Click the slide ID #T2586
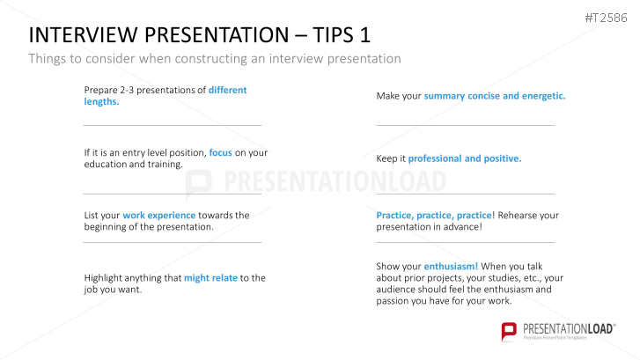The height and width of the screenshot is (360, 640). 606,18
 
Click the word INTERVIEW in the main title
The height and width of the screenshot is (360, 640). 83,34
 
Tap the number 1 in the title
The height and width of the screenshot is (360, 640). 364,34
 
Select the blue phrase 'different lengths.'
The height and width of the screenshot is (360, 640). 166,96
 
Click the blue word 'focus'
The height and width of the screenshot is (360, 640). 220,152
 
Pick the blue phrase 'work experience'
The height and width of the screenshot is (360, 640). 159,215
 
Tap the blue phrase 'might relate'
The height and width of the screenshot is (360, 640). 210,278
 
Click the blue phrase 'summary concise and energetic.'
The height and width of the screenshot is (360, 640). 495,96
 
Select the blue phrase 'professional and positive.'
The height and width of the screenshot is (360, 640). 465,158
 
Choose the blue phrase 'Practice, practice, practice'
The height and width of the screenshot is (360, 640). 434,215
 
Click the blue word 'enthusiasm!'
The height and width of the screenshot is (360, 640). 451,267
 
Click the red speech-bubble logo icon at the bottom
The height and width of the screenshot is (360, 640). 509,331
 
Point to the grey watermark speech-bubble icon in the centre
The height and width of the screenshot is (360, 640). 198,184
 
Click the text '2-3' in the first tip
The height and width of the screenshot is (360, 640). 127,90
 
